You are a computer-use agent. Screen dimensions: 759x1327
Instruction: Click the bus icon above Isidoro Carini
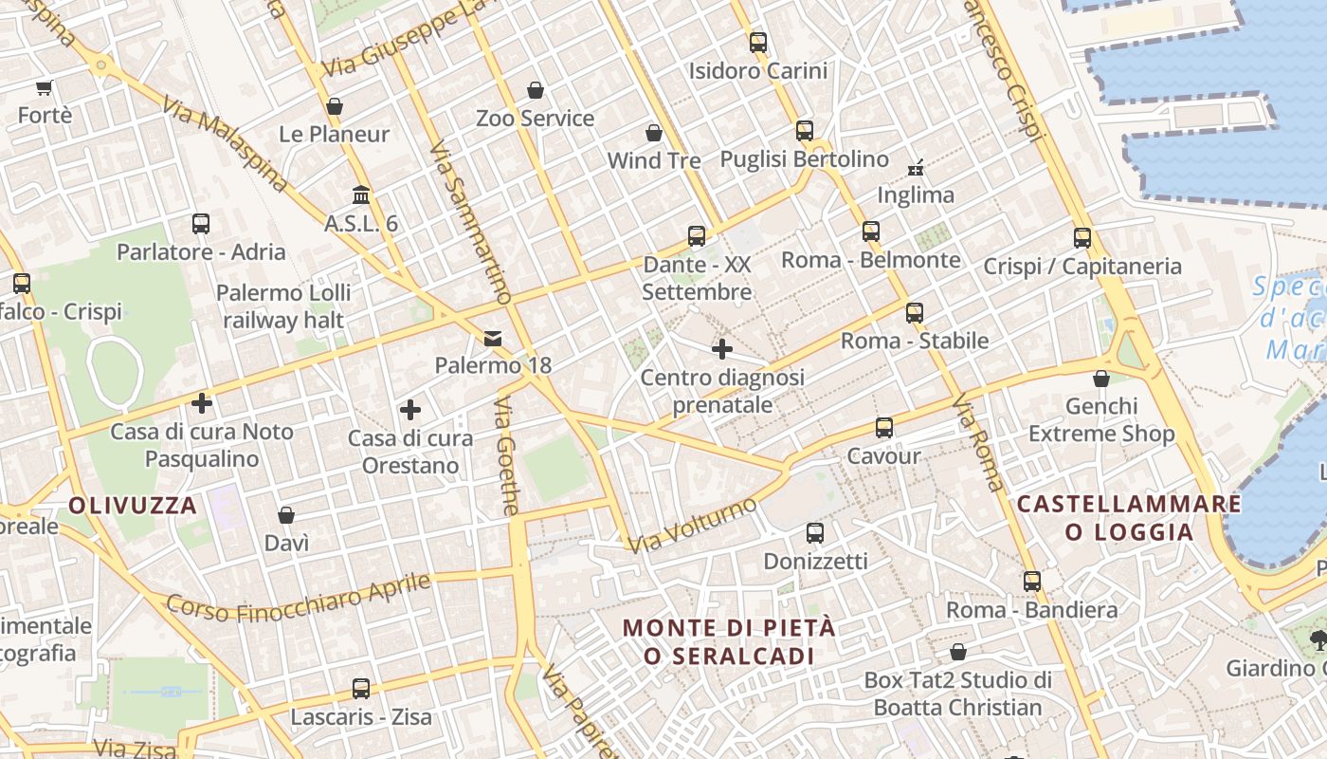pyautogui.click(x=757, y=42)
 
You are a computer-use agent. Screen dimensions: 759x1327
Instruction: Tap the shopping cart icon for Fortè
pyautogui.click(x=44, y=88)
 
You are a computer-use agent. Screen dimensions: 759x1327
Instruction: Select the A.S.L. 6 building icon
pyautogui.click(x=360, y=195)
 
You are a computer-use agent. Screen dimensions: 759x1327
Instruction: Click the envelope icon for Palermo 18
pyautogui.click(x=493, y=338)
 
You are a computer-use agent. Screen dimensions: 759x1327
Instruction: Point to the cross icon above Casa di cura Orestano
pyautogui.click(x=409, y=410)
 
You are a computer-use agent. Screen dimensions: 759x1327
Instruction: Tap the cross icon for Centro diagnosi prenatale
pyautogui.click(x=722, y=349)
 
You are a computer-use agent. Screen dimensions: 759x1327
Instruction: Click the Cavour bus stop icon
pyautogui.click(x=883, y=428)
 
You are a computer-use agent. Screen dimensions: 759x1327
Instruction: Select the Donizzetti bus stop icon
pyautogui.click(x=814, y=533)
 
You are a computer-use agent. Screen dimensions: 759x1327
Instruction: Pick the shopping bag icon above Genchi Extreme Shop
pyautogui.click(x=1100, y=379)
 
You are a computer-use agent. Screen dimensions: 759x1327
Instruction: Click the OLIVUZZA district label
pyautogui.click(x=133, y=505)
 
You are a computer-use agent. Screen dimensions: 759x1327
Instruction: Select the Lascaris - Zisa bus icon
pyautogui.click(x=360, y=689)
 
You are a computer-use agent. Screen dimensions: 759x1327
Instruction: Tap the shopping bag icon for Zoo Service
pyautogui.click(x=536, y=90)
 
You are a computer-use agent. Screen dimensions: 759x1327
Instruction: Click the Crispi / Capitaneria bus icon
pyautogui.click(x=1082, y=238)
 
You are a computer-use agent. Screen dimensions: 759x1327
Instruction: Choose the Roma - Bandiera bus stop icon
pyautogui.click(x=1031, y=582)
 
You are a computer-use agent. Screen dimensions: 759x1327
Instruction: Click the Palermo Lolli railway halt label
pyautogui.click(x=283, y=305)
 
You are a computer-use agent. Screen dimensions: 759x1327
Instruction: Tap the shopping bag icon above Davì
pyautogui.click(x=286, y=515)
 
